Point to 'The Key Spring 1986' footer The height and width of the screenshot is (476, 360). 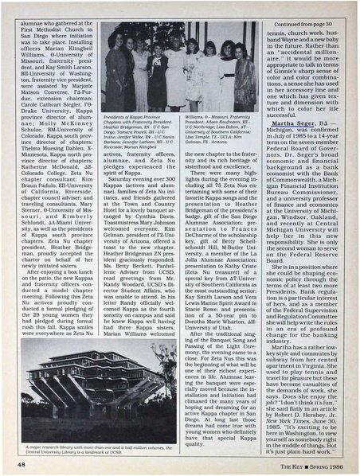[x=311, y=462]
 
